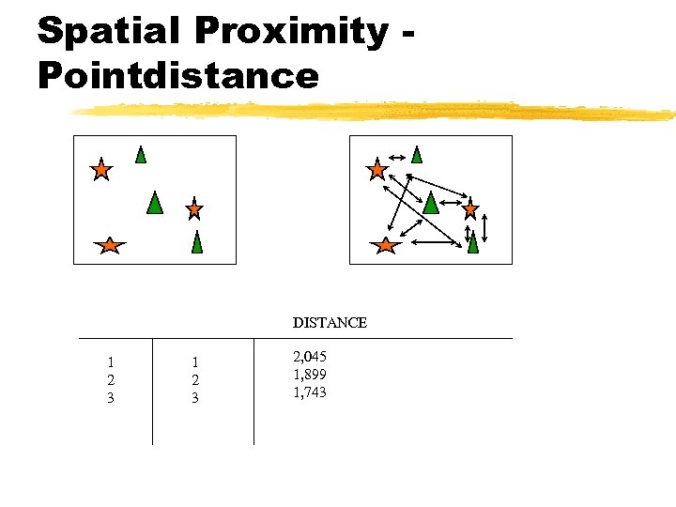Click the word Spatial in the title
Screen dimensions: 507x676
(x=109, y=31)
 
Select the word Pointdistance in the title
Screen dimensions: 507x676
(x=178, y=74)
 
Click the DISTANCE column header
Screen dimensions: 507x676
(x=330, y=322)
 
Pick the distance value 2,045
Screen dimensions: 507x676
(x=310, y=357)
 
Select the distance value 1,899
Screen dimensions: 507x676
(x=310, y=375)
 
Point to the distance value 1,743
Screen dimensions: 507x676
(x=310, y=392)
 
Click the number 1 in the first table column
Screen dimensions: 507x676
(x=111, y=361)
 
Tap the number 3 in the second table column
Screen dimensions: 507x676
(x=195, y=398)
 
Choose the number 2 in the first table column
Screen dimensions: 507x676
(x=111, y=379)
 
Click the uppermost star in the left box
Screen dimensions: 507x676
(x=100, y=170)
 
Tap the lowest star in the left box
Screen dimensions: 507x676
(x=110, y=246)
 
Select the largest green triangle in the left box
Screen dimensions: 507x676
(x=155, y=202)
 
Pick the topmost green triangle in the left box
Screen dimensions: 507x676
(x=141, y=154)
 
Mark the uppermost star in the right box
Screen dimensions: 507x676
(x=376, y=170)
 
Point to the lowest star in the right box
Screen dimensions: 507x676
(x=385, y=246)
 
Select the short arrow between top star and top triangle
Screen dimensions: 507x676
(x=397, y=156)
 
